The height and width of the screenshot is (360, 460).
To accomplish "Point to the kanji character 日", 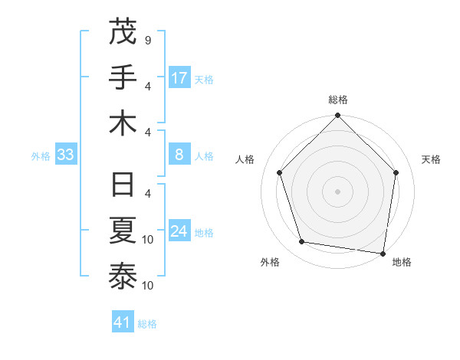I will tap(123, 187).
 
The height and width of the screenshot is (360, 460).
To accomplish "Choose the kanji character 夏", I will tap(123, 232).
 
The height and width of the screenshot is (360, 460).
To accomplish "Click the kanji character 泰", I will tap(123, 277).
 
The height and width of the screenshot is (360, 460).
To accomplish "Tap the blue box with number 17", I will tap(179, 78).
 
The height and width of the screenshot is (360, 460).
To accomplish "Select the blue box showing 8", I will tap(179, 155).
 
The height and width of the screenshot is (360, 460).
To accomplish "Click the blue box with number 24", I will tap(179, 231).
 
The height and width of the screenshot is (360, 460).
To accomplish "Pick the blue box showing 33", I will tap(65, 155).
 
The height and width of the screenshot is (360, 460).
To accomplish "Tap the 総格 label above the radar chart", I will tap(338, 100).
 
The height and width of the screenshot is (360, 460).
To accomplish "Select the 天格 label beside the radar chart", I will tap(432, 159).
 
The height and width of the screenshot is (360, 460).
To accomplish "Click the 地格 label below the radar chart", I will tap(402, 262).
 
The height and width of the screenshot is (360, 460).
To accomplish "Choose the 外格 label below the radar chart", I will tap(270, 262).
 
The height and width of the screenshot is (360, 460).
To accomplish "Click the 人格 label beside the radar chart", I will tap(245, 159).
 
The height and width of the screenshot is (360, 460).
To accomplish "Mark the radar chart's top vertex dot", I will tap(338, 116).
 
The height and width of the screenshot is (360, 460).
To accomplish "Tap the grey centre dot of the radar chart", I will tap(338, 191).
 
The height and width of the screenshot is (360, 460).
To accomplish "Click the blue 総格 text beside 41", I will tap(147, 324).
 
